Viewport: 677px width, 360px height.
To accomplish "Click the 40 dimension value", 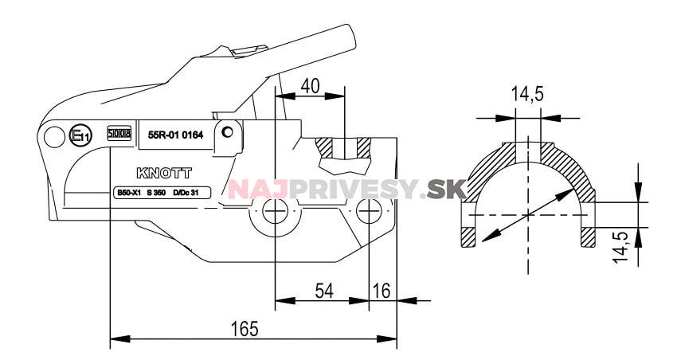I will (x=311, y=85).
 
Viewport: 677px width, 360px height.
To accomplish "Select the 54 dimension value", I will (x=323, y=291).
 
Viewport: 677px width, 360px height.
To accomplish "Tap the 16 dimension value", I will (x=382, y=291).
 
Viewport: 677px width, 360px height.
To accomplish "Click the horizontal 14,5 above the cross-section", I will (x=527, y=95).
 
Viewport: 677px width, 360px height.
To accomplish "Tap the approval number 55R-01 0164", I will (x=176, y=135).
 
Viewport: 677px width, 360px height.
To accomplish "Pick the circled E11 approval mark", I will (x=80, y=137).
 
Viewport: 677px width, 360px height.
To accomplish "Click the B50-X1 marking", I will (x=123, y=193).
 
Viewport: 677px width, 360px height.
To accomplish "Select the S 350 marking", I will (x=157, y=193).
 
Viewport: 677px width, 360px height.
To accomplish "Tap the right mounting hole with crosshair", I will (x=367, y=213).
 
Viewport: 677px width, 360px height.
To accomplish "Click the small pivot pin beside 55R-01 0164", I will (x=228, y=132).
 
